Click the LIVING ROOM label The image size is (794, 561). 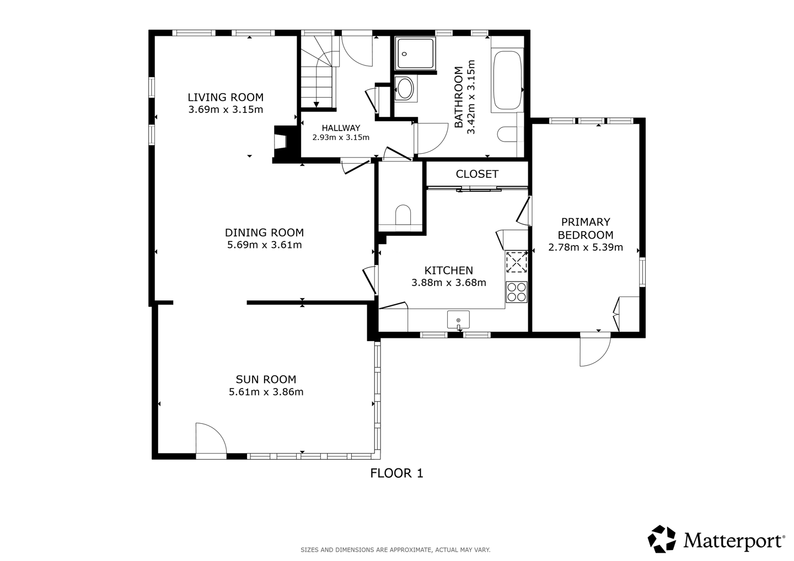coord(226,97)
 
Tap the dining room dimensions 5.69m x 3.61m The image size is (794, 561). coord(265,245)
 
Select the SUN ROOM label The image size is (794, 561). coord(266,379)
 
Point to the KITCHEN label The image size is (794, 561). coord(449,270)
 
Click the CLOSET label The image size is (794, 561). coord(477,174)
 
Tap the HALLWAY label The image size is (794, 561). coord(341,128)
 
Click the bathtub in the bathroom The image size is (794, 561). coord(508,80)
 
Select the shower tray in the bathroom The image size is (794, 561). coord(415,53)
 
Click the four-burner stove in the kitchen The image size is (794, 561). coord(517,292)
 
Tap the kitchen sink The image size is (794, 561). coord(458,320)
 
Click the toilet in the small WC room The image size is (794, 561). coord(403,214)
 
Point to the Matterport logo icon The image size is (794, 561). coord(662,539)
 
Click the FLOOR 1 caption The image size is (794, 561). coord(396,473)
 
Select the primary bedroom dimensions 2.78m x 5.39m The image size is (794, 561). coord(586,247)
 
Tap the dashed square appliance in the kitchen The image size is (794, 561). coord(517,262)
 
